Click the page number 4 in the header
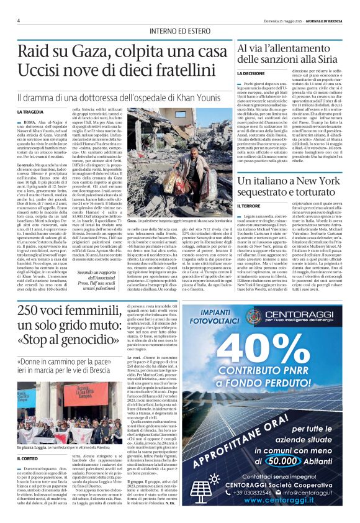19,20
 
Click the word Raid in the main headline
35,52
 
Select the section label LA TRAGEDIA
30,112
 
